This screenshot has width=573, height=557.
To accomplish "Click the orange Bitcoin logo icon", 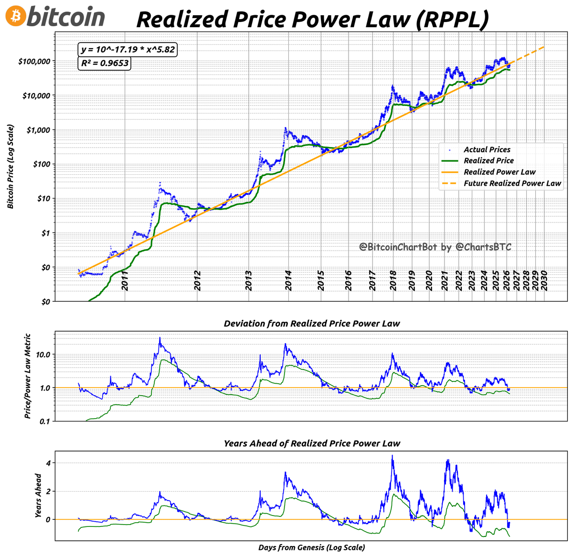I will click(x=15, y=17).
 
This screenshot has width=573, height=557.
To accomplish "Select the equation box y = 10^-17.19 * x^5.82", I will click(x=127, y=50).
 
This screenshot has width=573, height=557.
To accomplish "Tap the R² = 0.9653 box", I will click(x=104, y=63).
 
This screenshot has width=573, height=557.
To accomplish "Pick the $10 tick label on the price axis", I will click(x=43, y=199).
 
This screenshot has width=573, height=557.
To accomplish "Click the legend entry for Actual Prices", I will click(x=487, y=150).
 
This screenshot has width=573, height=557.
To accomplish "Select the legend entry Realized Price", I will click(x=488, y=161).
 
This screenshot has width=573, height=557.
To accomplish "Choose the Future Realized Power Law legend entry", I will click(x=512, y=183).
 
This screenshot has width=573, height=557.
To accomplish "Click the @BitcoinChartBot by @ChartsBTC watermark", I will click(x=435, y=247).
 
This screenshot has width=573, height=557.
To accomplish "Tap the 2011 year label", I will click(x=125, y=280).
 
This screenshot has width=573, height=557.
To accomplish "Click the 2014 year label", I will click(x=288, y=280).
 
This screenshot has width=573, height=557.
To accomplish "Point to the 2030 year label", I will click(x=543, y=280).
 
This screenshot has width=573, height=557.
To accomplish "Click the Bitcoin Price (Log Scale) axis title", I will click(x=10, y=167).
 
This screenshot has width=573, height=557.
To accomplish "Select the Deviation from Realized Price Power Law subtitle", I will click(x=312, y=324).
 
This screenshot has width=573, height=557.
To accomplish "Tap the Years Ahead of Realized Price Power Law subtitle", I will click(x=312, y=443).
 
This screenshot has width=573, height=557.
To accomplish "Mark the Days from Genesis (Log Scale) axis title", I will click(x=312, y=547).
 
